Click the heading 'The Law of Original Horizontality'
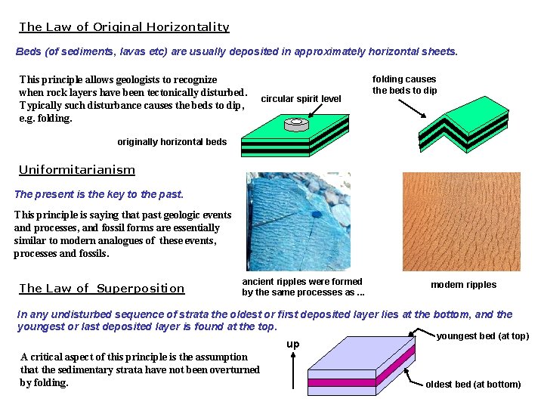point(124,27)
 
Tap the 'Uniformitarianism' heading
point(77,170)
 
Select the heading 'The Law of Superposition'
point(102,288)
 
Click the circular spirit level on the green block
point(296,122)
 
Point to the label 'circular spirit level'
point(301,99)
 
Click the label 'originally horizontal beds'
point(172,142)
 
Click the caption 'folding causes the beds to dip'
point(404,85)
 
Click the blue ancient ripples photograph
point(298,221)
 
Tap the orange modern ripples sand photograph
point(461,221)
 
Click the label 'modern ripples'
point(463,285)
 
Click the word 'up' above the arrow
point(294,345)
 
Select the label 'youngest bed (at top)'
point(483,336)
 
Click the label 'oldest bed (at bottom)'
point(473,385)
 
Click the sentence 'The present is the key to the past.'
point(99,194)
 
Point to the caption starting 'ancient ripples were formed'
point(302,287)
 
